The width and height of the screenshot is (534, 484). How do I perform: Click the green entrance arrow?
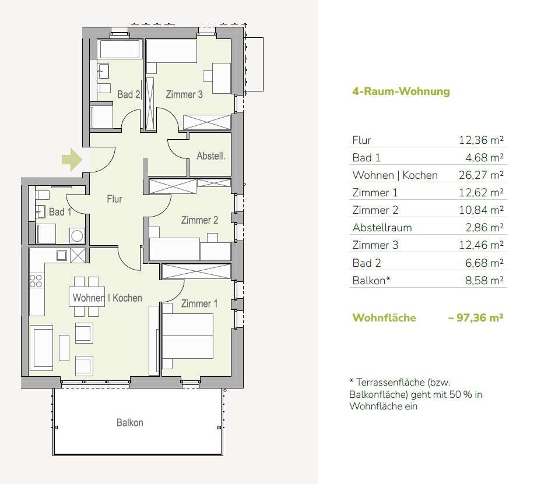click(72, 159)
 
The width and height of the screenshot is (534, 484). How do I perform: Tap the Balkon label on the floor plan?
click(130, 423)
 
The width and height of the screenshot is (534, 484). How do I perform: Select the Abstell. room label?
click(211, 156)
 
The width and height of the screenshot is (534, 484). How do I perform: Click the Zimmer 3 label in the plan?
click(184, 94)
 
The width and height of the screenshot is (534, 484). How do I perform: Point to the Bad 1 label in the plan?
click(60, 211)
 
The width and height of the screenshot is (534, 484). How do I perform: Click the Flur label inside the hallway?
click(114, 199)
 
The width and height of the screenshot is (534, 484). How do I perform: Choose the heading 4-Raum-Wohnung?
click(401, 91)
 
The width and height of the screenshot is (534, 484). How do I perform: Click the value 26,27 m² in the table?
click(481, 175)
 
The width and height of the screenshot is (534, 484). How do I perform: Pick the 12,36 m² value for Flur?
click(481, 140)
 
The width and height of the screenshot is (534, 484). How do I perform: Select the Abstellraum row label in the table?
click(382, 227)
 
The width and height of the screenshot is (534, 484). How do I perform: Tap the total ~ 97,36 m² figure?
click(476, 317)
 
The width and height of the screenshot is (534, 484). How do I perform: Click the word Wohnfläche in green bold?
click(384, 317)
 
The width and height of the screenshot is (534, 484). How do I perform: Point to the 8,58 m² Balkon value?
click(484, 281)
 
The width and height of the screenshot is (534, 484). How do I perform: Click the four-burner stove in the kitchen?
click(36, 281)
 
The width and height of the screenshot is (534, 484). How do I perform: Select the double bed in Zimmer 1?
click(188, 336)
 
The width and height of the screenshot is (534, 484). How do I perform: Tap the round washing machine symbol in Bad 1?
click(77, 235)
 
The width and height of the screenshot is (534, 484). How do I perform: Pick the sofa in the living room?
click(41, 348)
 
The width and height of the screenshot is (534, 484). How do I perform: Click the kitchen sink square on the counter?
click(62, 255)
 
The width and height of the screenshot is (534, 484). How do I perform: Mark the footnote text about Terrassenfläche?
click(416, 394)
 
